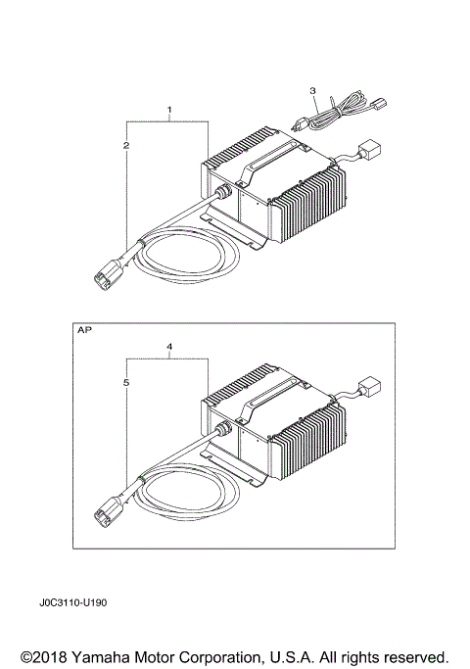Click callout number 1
click(x=169, y=108)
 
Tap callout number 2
click(x=125, y=145)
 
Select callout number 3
click(x=312, y=91)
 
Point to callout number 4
click(x=169, y=347)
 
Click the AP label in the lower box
click(x=84, y=331)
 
